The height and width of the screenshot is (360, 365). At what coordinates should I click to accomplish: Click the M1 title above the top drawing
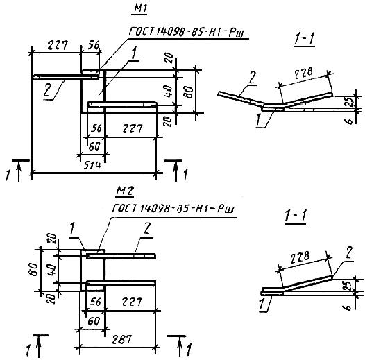(x=140, y=8)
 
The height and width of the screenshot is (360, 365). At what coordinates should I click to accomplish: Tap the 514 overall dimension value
(x=92, y=166)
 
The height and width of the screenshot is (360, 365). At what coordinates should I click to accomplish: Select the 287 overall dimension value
(x=121, y=339)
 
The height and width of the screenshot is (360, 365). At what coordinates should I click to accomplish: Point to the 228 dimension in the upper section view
(x=303, y=74)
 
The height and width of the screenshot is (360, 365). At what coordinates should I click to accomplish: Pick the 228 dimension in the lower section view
(x=300, y=257)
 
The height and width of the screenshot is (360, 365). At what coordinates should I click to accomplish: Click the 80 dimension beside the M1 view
(x=189, y=92)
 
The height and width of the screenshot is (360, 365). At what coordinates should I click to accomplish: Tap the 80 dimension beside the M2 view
(x=35, y=269)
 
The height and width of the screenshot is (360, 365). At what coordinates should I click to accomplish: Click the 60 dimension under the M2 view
(x=94, y=321)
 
